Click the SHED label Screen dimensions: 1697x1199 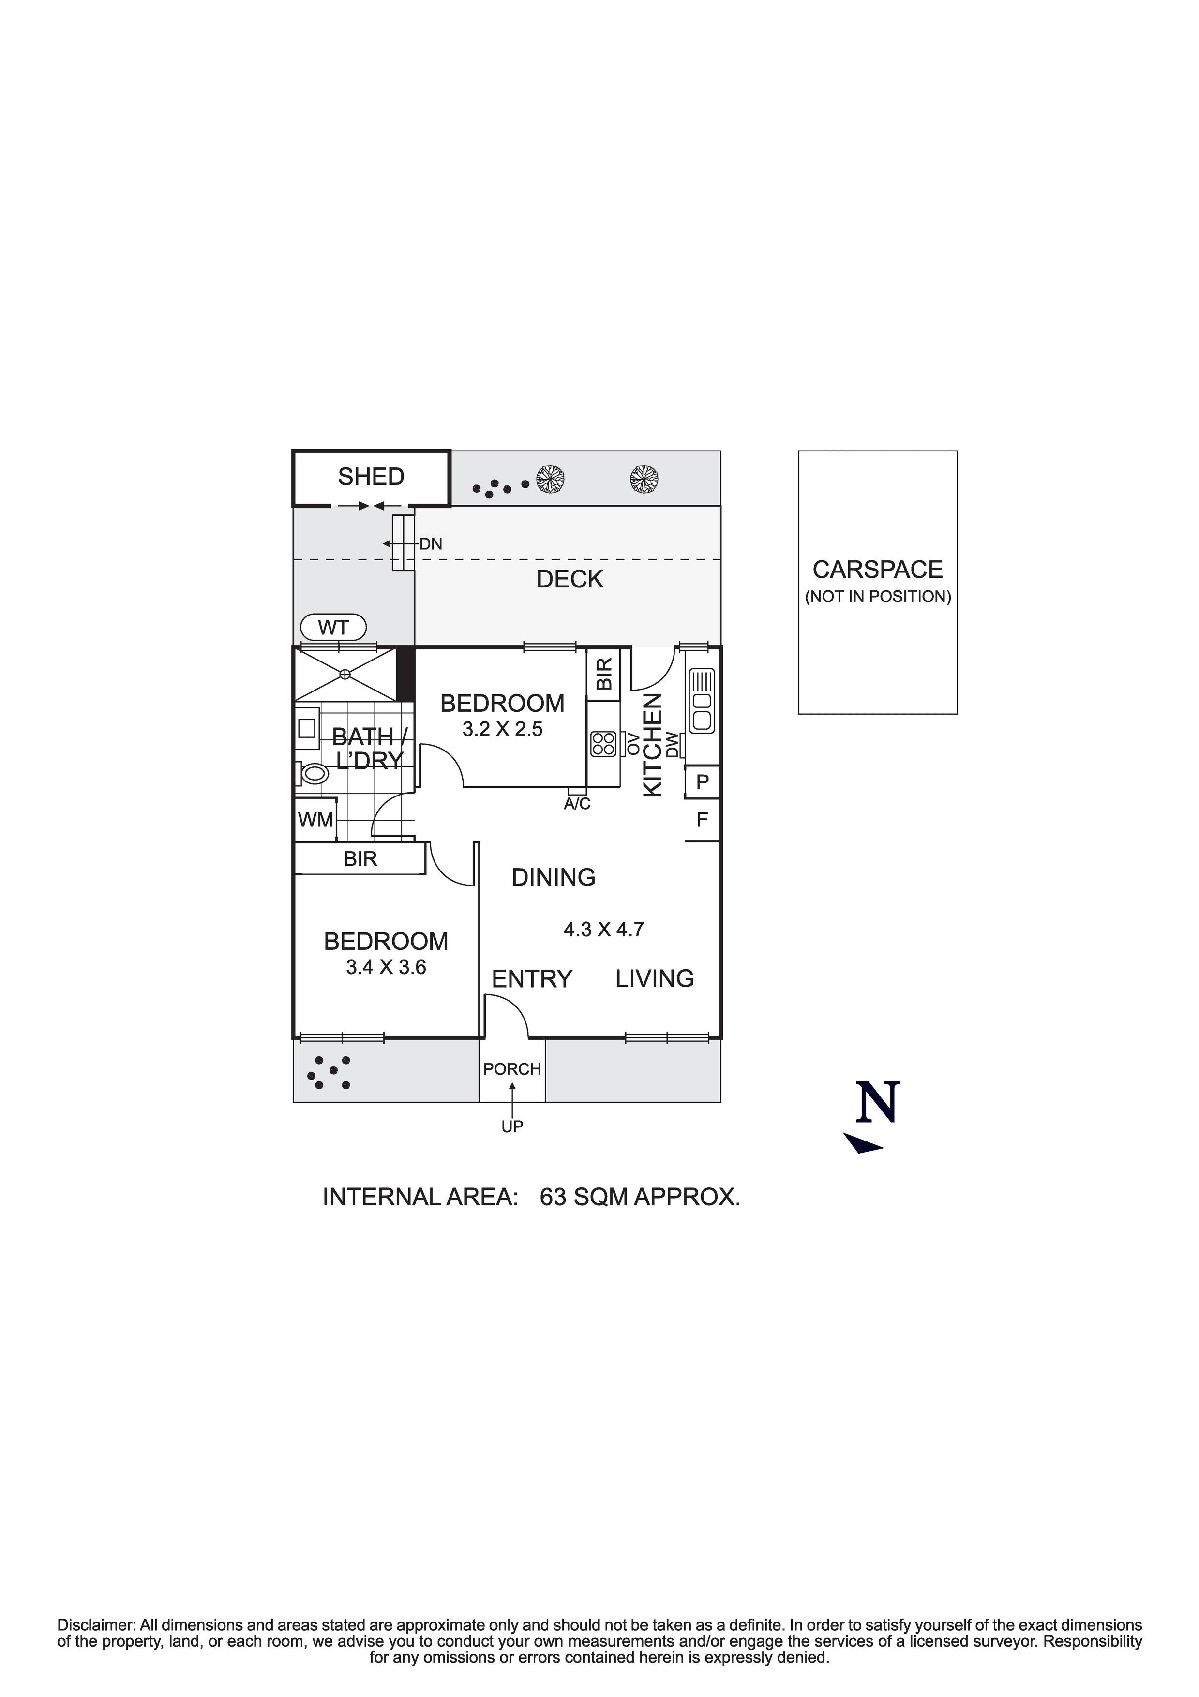(x=371, y=477)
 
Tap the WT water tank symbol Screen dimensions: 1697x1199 (x=333, y=628)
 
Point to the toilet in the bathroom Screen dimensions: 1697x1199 (x=315, y=774)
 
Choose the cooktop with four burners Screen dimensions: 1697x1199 (x=604, y=744)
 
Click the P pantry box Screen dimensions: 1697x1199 (x=702, y=781)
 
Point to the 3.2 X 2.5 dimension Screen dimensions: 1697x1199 (x=503, y=730)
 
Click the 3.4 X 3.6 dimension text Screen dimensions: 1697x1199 (x=386, y=967)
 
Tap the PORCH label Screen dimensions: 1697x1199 (x=512, y=1069)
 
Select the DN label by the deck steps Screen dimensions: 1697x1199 (x=431, y=544)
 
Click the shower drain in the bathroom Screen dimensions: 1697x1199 (x=345, y=674)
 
